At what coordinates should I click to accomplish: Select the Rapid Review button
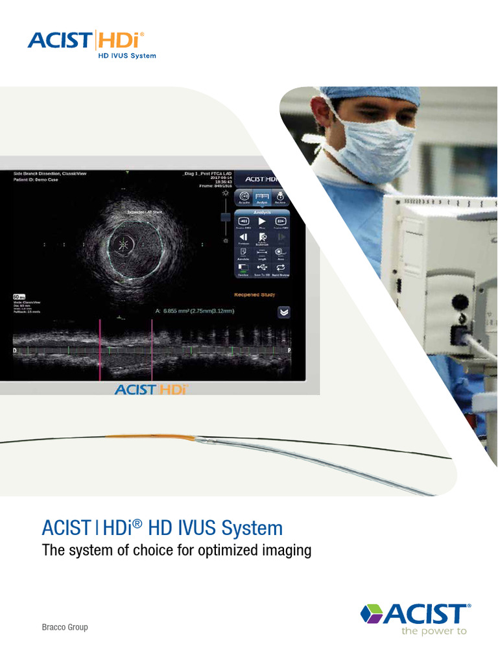coord(281,267)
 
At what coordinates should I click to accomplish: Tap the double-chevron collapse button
coord(283,312)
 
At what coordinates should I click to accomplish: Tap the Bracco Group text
coord(65,627)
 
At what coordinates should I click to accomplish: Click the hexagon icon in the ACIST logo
coord(372,613)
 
